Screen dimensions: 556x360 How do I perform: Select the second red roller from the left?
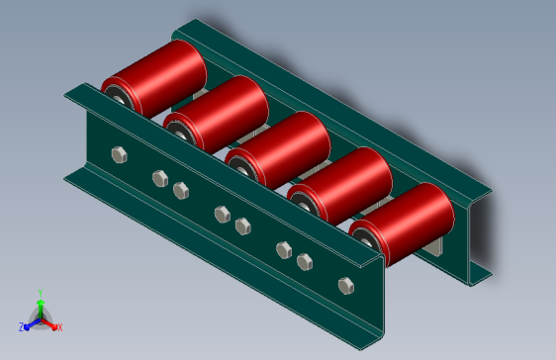[x=217, y=114]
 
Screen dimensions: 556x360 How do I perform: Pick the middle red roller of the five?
[x=278, y=149]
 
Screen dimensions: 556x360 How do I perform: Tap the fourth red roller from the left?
[x=340, y=185]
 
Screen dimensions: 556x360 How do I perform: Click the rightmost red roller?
[x=402, y=224]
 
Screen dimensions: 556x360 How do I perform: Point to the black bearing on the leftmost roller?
[x=117, y=95]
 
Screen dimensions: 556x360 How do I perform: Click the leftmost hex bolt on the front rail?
[x=120, y=155]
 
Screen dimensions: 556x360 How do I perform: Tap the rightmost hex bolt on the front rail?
[x=346, y=286]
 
